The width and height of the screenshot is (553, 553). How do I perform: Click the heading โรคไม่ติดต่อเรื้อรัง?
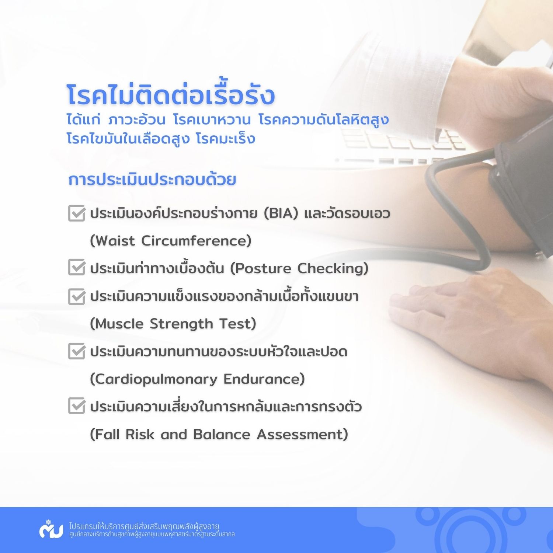click(171, 94)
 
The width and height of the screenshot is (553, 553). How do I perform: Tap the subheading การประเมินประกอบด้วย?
click(152, 180)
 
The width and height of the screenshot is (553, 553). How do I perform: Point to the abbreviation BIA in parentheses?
click(281, 213)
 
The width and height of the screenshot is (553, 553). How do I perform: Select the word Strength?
click(181, 324)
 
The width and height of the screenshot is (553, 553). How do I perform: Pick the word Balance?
click(222, 434)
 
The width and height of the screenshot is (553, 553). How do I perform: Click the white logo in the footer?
click(51, 529)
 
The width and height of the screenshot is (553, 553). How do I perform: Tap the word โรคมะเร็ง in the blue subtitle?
click(226, 139)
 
